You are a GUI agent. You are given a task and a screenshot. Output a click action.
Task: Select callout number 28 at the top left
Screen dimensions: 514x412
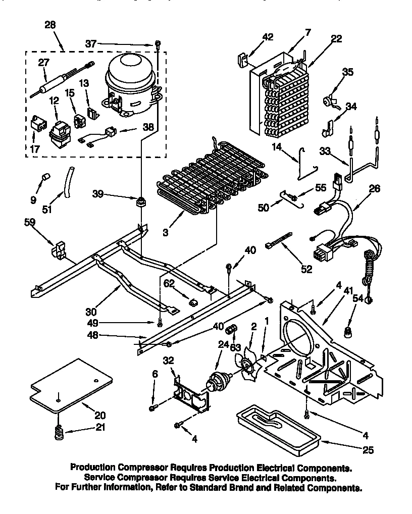(x=50, y=25)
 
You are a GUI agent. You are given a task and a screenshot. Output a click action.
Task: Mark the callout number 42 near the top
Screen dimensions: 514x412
(x=268, y=36)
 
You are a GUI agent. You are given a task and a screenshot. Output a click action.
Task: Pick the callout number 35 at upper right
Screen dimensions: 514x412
(x=348, y=72)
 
